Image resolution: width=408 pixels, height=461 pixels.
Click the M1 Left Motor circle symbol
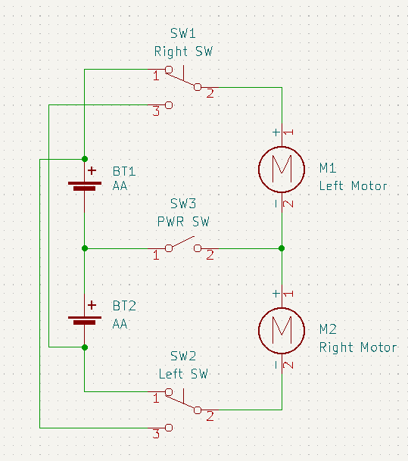pos(259,170)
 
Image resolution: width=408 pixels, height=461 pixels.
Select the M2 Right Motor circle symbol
pos(259,331)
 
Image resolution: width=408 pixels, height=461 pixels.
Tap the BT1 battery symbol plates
pos(85,185)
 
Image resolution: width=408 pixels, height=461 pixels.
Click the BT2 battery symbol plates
pos(85,320)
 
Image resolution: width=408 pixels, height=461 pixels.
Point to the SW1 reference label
pos(183,33)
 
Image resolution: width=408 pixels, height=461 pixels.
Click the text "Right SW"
pos(183,51)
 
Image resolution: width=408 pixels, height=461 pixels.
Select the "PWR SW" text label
pos(183,221)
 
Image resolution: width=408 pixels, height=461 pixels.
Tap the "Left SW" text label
pos(183,374)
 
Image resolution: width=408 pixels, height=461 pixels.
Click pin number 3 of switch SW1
pos(156,111)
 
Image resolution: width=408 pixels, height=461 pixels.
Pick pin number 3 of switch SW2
pos(156,434)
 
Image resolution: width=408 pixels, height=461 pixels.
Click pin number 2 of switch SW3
pos(210,254)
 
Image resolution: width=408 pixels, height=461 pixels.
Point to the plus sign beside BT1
pos(92,170)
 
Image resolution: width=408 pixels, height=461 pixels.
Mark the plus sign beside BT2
pos(92,305)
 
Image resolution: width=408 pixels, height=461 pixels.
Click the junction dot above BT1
pos(85,159)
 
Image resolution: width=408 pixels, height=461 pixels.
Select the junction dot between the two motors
pos(282,248)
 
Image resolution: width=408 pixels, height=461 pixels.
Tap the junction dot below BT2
pos(85,347)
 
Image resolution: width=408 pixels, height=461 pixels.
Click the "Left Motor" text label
pos(353,185)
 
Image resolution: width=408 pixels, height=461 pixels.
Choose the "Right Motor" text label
pos(358,347)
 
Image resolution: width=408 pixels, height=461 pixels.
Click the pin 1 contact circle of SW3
pos(169,248)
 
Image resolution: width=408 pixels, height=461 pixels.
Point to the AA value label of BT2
pos(120,324)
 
